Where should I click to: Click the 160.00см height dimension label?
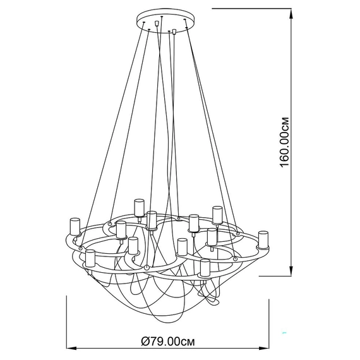coord(284,142)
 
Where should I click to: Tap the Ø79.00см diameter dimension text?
coord(168,342)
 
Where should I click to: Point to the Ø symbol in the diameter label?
coord(145,342)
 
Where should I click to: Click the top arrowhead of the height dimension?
coord(291,14)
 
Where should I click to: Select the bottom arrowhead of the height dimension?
coord(291,271)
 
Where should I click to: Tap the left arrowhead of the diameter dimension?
coord(71,348)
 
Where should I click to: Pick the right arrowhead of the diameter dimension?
coord(263,348)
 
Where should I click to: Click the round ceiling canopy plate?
coord(165,21)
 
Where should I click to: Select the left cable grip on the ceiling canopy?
coord(157,23)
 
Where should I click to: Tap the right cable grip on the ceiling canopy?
coord(174,31)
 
